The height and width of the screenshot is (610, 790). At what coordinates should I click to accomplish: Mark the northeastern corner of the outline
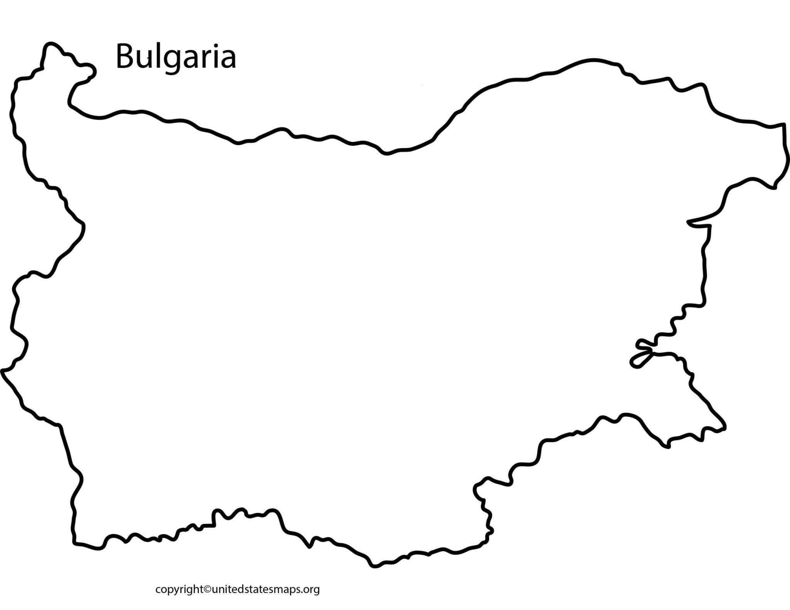[783, 125]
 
